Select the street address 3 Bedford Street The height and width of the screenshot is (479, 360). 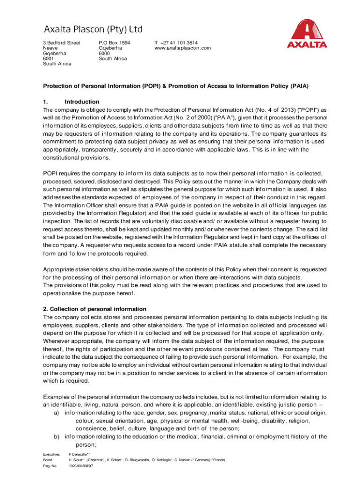(61, 43)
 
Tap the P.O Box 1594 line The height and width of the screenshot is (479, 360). (114, 43)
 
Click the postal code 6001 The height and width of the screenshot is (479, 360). (49, 58)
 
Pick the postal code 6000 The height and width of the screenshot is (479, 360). (105, 53)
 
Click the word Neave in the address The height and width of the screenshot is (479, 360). (50, 48)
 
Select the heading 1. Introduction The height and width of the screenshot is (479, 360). (71, 102)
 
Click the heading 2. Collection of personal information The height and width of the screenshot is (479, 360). (94, 309)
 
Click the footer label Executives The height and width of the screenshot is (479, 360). (51, 454)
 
